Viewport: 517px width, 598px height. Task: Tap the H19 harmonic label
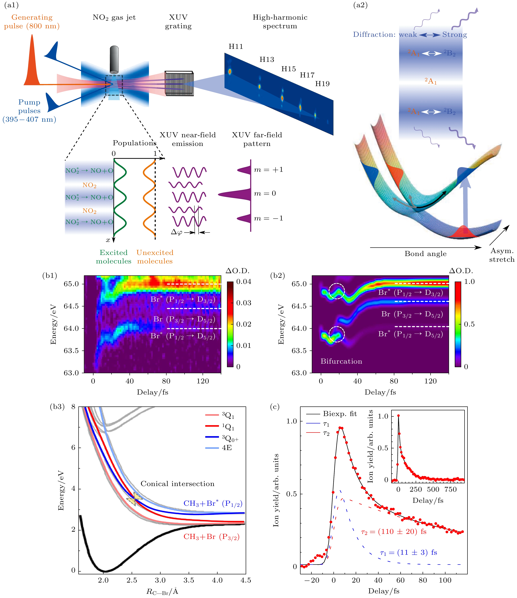pyautogui.click(x=322, y=84)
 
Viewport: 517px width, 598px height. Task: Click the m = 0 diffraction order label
pyautogui.click(x=265, y=193)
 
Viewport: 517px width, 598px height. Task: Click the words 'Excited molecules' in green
pyautogui.click(x=114, y=257)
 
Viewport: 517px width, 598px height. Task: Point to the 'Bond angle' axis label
pyautogui.click(x=426, y=254)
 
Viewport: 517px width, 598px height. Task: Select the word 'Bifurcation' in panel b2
pyautogui.click(x=341, y=361)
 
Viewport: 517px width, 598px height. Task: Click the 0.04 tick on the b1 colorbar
pyautogui.click(x=244, y=282)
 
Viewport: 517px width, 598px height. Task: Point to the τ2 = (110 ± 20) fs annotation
pyautogui.click(x=394, y=532)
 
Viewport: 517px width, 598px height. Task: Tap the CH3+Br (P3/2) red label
pyautogui.click(x=212, y=537)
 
